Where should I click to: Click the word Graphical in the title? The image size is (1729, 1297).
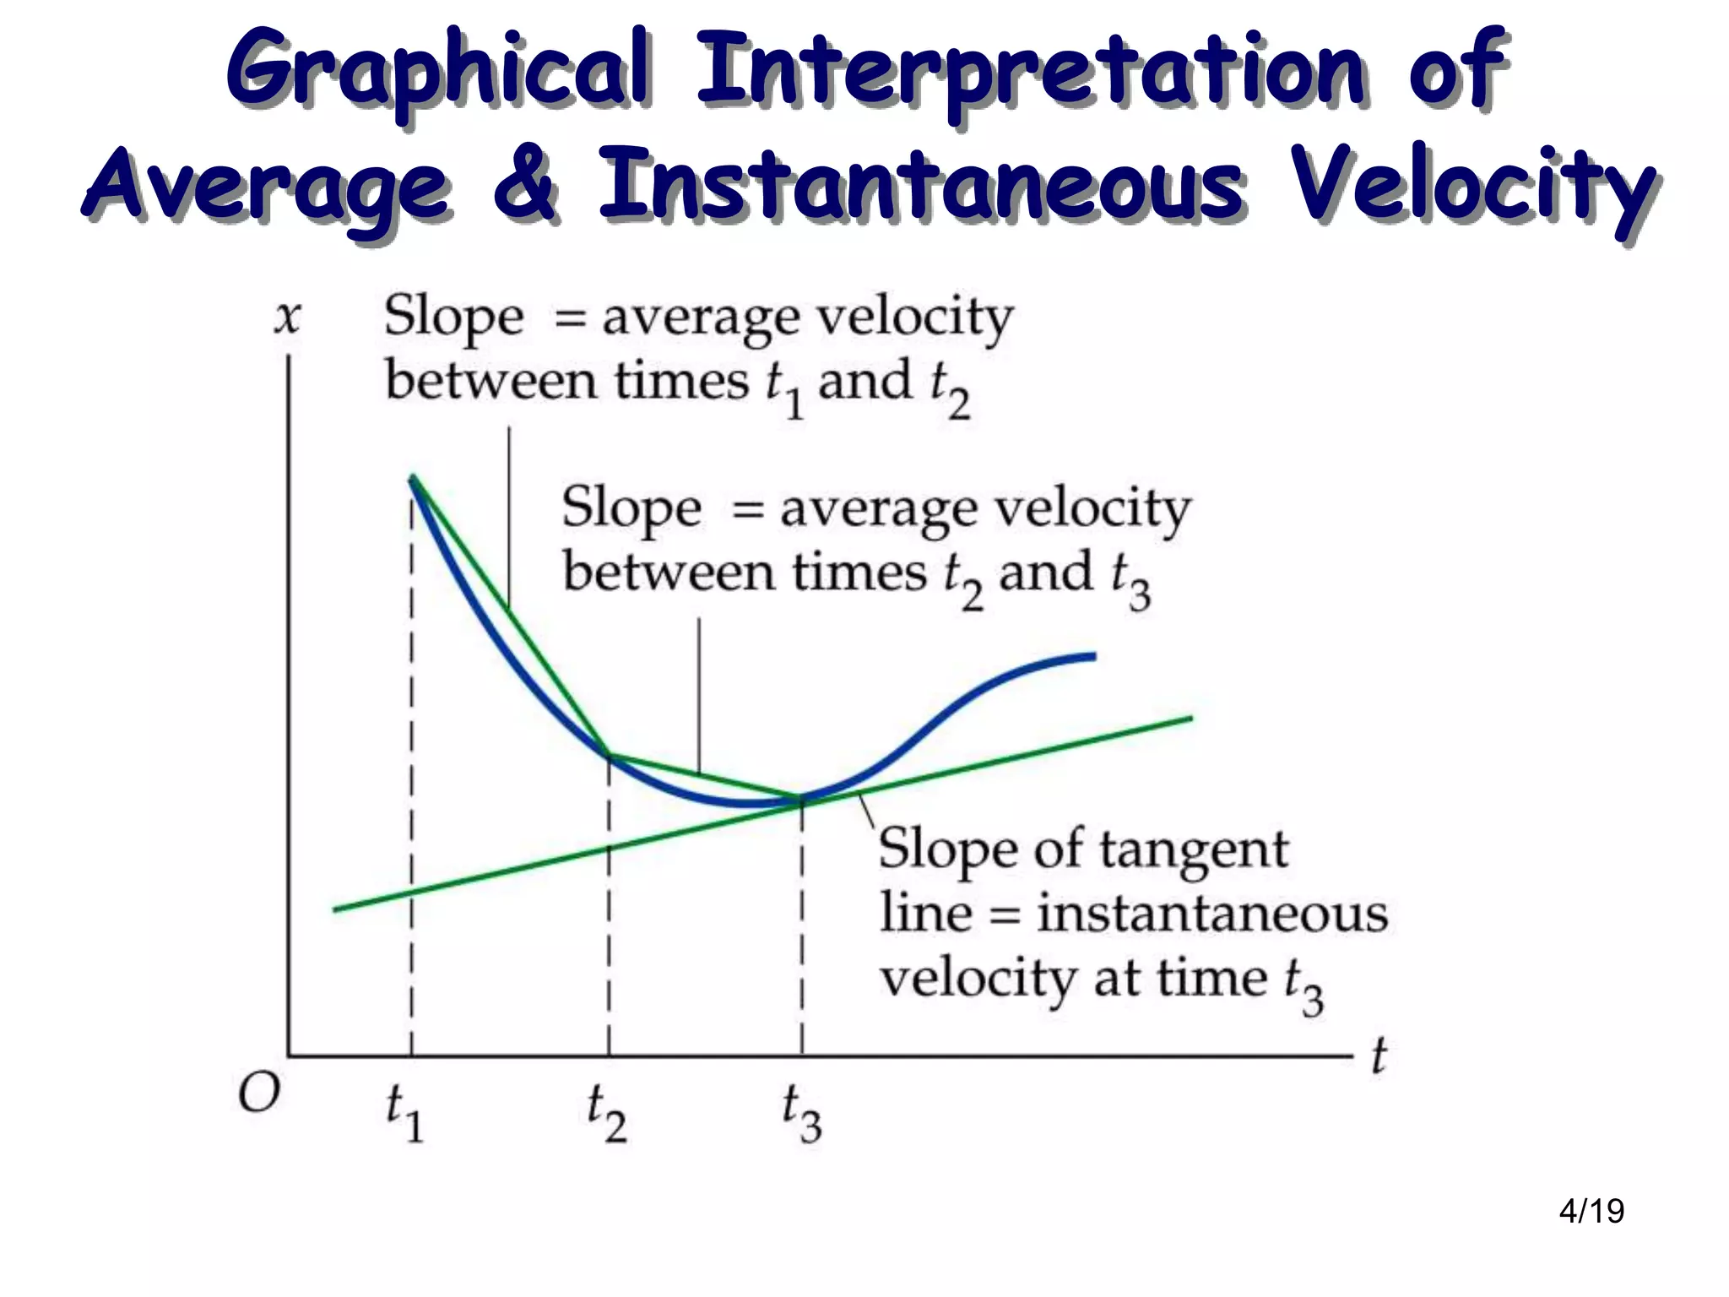coord(439,72)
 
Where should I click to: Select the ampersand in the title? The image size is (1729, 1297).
coord(525,183)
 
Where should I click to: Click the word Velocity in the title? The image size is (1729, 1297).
coord(1473,187)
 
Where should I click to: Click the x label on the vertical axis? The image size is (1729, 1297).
coord(287,318)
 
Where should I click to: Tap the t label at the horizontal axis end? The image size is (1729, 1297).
coord(1379,1056)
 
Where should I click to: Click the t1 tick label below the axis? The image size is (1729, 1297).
coord(404,1113)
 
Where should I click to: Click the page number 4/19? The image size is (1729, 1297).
coord(1591,1211)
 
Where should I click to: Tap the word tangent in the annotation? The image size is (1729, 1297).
coord(1194,849)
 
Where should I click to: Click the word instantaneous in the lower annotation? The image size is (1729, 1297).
coord(1212,914)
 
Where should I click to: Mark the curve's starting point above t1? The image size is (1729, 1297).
coord(412,478)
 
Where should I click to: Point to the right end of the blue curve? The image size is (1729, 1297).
coord(1094,656)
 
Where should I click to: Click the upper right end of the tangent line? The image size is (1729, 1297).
coord(1191,719)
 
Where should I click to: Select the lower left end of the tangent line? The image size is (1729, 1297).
coord(335,909)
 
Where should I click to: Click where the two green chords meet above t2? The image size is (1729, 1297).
coord(609,755)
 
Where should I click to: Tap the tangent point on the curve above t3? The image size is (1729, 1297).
coord(801,798)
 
